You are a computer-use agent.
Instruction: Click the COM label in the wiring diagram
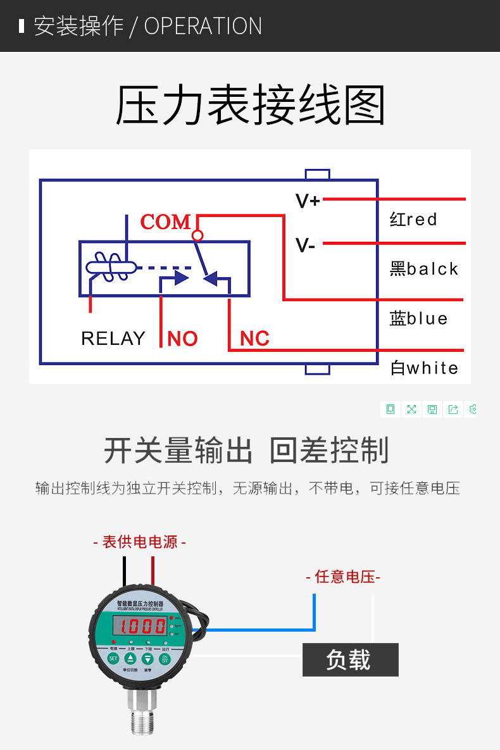click(165, 222)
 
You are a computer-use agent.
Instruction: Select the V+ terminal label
click(308, 201)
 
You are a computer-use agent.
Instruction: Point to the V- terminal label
click(306, 245)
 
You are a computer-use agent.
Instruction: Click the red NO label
click(182, 339)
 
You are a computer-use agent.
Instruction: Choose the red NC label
click(254, 339)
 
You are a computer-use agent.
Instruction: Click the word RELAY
click(113, 339)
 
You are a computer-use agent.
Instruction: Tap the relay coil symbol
click(110, 265)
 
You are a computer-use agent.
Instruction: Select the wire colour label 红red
click(413, 220)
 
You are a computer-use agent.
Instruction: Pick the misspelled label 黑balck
click(423, 269)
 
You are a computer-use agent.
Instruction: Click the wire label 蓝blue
click(418, 318)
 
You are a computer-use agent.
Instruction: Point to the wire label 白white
click(424, 368)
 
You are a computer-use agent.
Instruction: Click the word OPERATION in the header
click(203, 26)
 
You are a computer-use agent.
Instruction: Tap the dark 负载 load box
click(350, 660)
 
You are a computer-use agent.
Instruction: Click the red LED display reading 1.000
click(140, 627)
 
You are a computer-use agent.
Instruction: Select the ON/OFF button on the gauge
click(165, 658)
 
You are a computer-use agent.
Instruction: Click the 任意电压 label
click(343, 577)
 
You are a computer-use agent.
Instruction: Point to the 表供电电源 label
click(139, 542)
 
